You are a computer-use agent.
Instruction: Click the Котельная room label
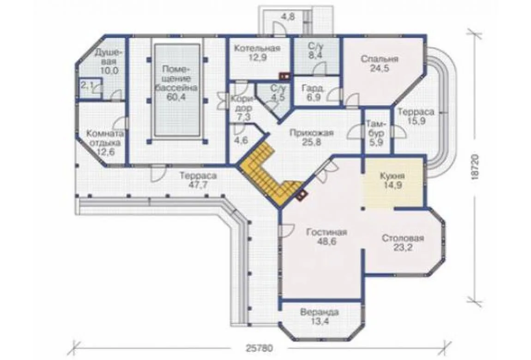[257, 48]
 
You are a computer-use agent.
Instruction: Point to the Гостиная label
[326, 233]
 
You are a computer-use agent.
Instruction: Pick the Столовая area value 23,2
[403, 247]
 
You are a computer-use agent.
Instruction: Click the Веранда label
[320, 312]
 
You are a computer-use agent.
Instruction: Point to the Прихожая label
[312, 133]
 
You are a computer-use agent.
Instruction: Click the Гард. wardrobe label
[313, 88]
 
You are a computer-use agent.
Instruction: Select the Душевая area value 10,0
[109, 71]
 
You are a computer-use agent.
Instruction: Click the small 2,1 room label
[87, 85]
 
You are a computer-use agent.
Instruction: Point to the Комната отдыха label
[105, 138]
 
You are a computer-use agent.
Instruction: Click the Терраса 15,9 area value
[416, 121]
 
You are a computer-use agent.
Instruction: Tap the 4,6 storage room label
[241, 140]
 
